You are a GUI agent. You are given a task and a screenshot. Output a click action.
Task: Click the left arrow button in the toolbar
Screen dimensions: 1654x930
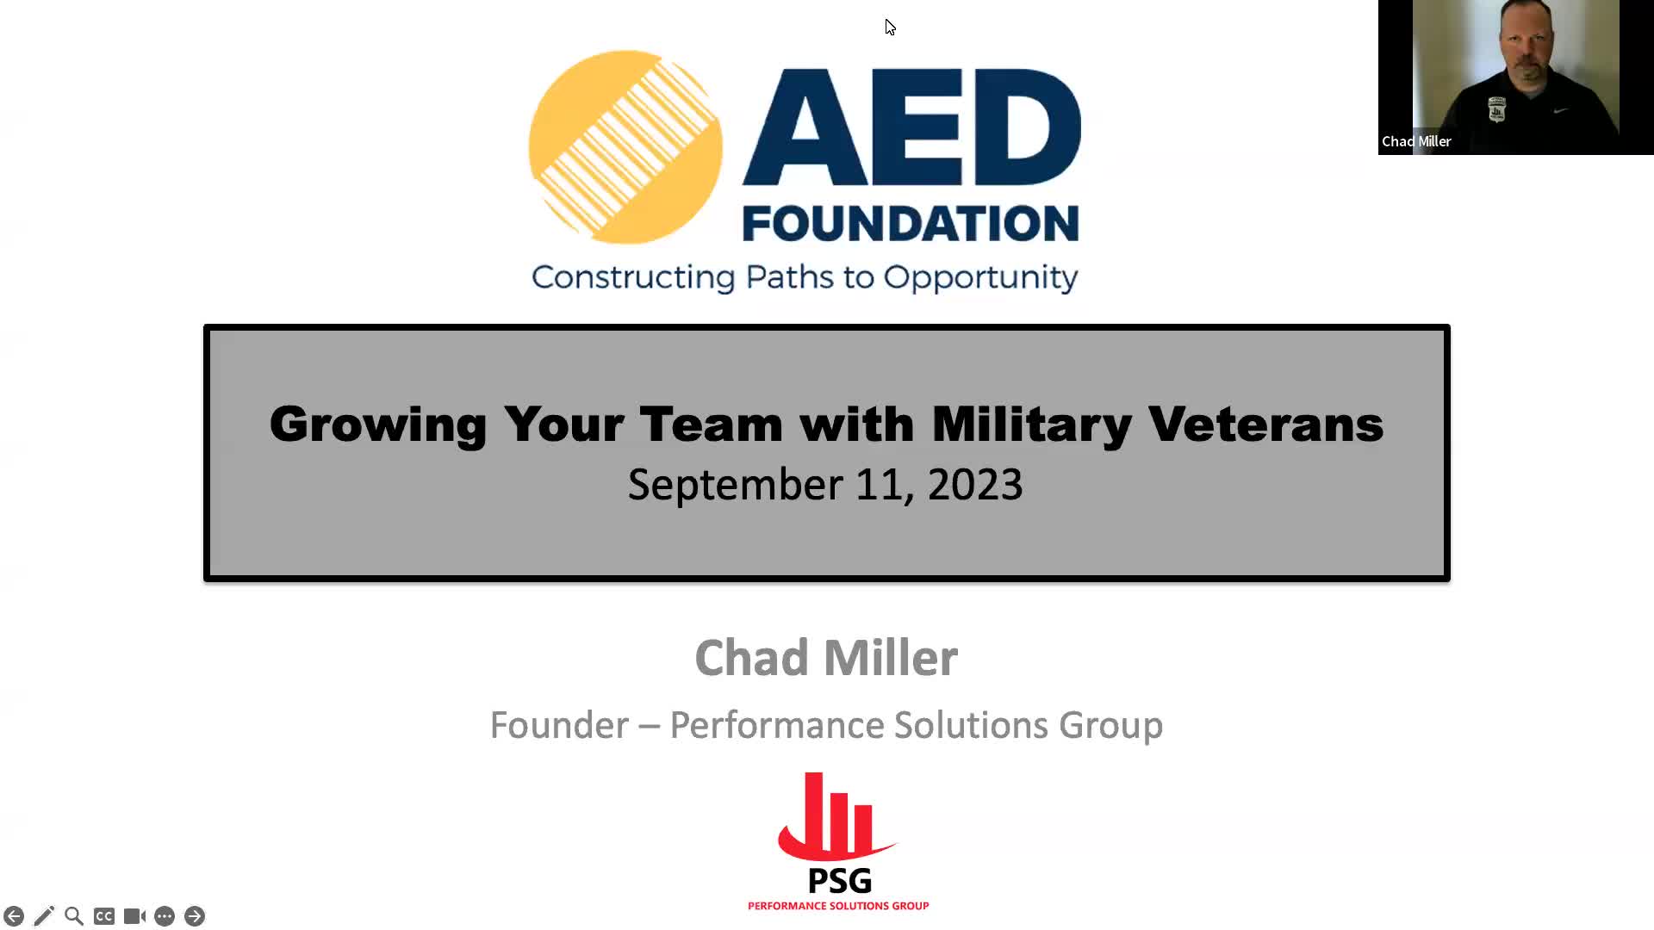pyautogui.click(x=14, y=916)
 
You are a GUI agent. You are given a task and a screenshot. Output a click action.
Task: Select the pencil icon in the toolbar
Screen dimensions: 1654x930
pyautogui.click(x=44, y=916)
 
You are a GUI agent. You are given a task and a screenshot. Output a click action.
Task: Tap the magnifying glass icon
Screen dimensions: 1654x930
pyautogui.click(x=74, y=916)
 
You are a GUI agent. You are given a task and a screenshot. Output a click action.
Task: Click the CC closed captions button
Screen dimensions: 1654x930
pyautogui.click(x=104, y=916)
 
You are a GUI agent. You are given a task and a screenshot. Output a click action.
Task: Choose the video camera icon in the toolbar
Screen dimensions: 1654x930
pyautogui.click(x=134, y=916)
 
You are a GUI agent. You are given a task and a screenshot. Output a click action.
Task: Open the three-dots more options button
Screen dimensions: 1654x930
pyautogui.click(x=165, y=916)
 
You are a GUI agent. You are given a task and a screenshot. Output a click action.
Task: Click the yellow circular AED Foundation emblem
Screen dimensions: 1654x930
pyautogui.click(x=625, y=147)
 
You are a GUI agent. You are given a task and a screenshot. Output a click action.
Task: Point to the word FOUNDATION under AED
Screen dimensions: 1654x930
pyautogui.click(x=911, y=223)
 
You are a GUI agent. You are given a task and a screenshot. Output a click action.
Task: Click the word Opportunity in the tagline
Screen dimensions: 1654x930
pyautogui.click(x=980, y=278)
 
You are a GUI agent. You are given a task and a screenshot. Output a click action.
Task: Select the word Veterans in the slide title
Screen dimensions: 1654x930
pyautogui.click(x=1265, y=424)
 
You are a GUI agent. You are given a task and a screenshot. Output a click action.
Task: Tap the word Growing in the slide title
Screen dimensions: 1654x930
pyautogui.click(x=378, y=425)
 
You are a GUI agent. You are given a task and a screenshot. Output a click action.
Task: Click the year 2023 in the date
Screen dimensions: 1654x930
pyautogui.click(x=975, y=484)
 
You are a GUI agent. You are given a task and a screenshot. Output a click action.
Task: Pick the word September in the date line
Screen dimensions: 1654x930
pyautogui.click(x=735, y=485)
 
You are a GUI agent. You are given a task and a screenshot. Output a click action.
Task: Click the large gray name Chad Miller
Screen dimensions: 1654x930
pyautogui.click(x=826, y=658)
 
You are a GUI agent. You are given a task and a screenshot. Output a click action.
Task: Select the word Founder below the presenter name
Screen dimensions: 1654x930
pyautogui.click(x=559, y=725)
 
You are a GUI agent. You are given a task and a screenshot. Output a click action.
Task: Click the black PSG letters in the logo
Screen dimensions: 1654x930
pyautogui.click(x=840, y=881)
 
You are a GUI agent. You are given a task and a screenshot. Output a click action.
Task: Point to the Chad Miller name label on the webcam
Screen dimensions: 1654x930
pyautogui.click(x=1416, y=141)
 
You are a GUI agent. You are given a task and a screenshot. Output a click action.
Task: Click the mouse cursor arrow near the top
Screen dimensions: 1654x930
pyautogui.click(x=890, y=28)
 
